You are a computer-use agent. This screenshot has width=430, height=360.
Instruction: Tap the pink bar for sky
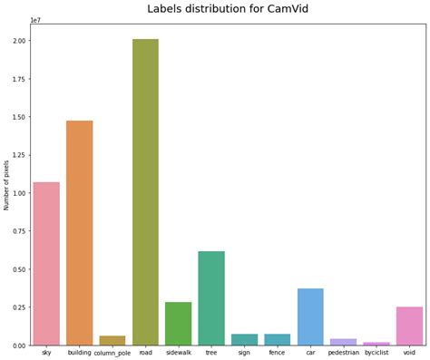(46, 264)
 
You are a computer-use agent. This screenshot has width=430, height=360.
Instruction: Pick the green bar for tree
(211, 298)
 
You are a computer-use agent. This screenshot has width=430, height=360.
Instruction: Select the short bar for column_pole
(112, 340)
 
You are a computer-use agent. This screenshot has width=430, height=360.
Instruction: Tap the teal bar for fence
(278, 339)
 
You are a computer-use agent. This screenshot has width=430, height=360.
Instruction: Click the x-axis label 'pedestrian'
(343, 352)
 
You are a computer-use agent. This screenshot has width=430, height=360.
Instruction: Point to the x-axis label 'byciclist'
(376, 352)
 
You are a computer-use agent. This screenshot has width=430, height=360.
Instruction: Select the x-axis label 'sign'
(244, 352)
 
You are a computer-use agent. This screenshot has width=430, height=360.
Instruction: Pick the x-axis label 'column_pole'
(112, 353)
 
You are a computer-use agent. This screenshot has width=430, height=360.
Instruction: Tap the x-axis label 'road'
(145, 352)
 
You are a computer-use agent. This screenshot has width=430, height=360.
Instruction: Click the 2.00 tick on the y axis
(18, 41)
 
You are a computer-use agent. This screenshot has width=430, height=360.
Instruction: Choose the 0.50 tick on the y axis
(18, 269)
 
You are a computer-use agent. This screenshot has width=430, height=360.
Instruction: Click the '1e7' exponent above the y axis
(35, 19)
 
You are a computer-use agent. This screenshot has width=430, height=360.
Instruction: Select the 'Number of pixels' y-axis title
(7, 185)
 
